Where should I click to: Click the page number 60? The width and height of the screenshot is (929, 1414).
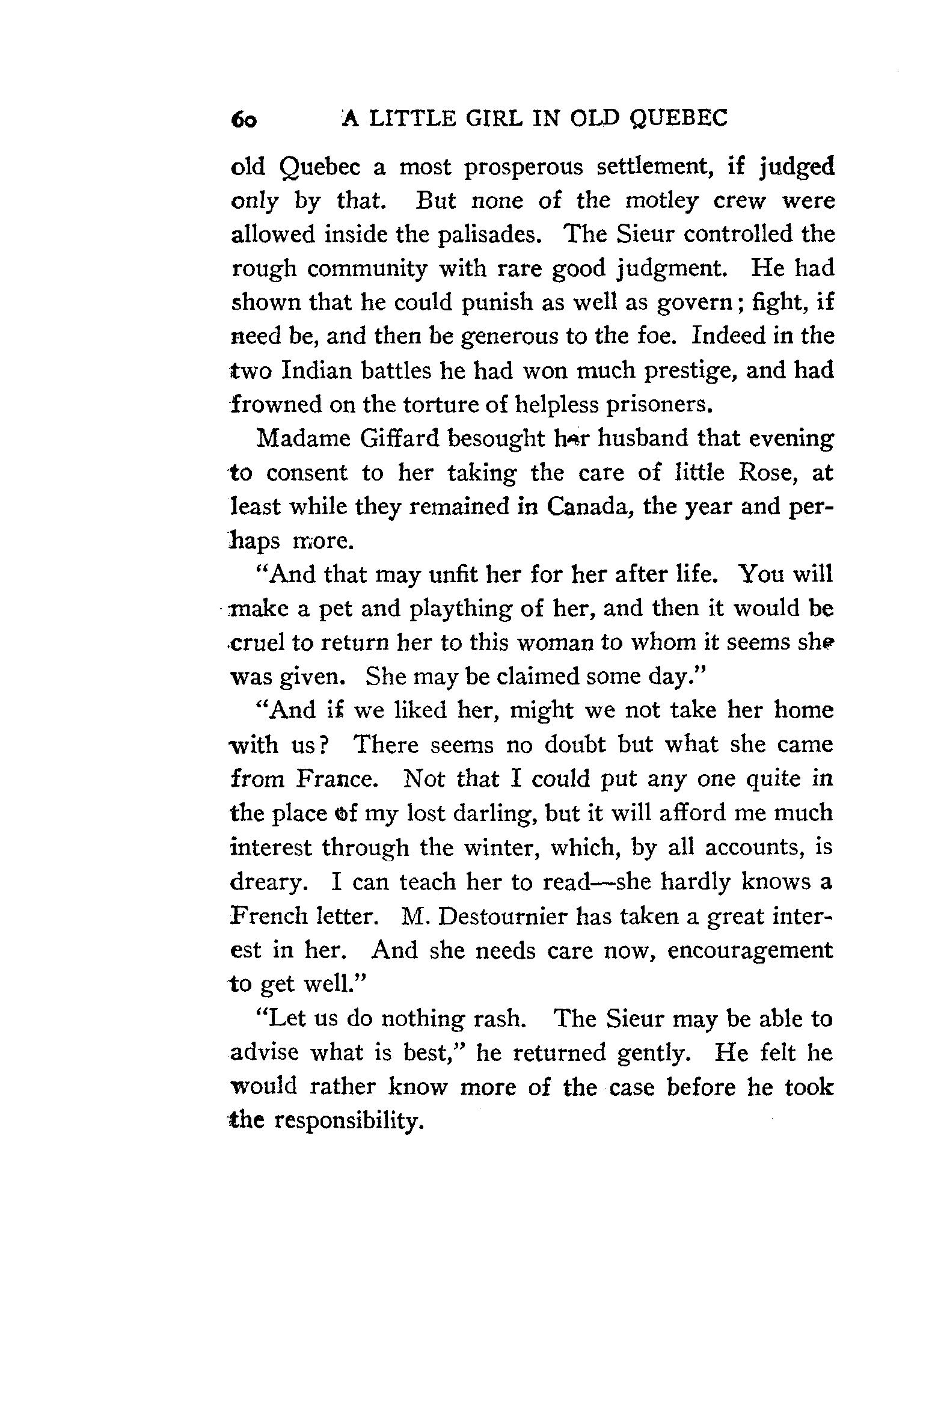244,120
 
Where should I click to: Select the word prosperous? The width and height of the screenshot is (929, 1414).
523,167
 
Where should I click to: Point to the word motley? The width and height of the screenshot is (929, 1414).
661,201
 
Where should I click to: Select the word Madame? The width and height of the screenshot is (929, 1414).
302,438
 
